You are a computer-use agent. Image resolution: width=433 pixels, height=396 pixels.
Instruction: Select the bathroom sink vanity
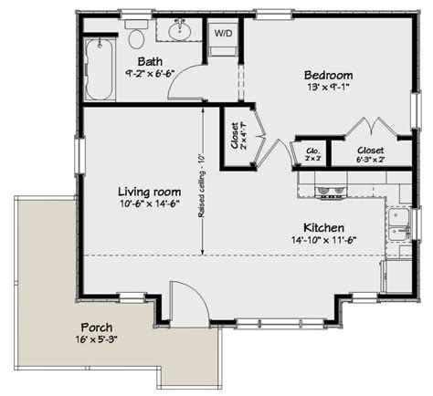click(x=179, y=33)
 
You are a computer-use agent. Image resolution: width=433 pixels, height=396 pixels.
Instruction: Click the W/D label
click(x=223, y=33)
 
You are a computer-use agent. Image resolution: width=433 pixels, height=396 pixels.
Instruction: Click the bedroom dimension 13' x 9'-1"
click(x=328, y=88)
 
